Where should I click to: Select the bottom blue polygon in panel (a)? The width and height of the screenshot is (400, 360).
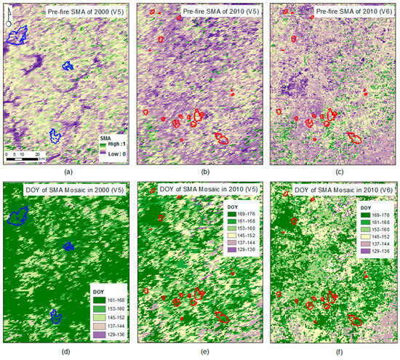coord(54,135)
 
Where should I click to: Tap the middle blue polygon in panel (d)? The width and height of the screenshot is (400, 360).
coord(68,247)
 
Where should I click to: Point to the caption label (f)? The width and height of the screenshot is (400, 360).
coord(331,352)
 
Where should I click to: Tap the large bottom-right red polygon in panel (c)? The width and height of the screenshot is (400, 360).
coord(355,137)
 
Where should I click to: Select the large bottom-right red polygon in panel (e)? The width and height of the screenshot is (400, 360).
coord(223,318)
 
